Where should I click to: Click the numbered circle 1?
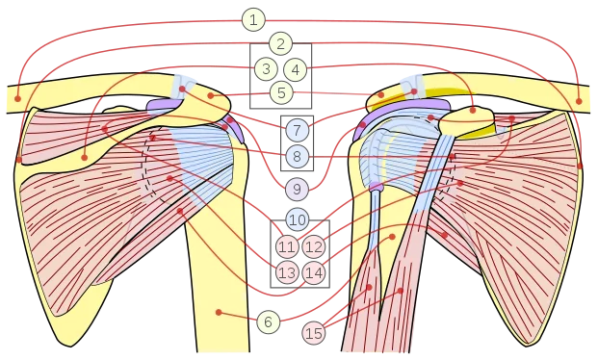click(x=253, y=19)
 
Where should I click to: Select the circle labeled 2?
click(x=280, y=44)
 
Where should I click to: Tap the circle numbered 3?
click(x=266, y=68)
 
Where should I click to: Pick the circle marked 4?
click(x=296, y=70)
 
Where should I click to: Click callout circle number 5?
click(x=281, y=92)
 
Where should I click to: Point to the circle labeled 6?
click(x=268, y=321)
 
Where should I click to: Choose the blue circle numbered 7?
click(x=298, y=130)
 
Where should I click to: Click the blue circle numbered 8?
click(x=298, y=156)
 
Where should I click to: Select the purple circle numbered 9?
click(x=297, y=189)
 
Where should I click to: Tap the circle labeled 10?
click(x=298, y=219)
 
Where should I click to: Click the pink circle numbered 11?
click(x=287, y=247)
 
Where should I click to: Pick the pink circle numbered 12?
click(x=314, y=247)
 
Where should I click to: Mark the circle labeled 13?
click(x=287, y=272)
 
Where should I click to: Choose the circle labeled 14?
click(x=314, y=272)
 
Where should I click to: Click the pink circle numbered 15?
click(x=314, y=333)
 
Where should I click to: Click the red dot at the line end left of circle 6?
click(x=219, y=312)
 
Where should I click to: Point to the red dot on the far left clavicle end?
click(x=17, y=99)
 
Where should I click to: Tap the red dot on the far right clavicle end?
click(x=579, y=101)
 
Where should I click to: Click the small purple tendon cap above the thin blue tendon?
click(x=377, y=187)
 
